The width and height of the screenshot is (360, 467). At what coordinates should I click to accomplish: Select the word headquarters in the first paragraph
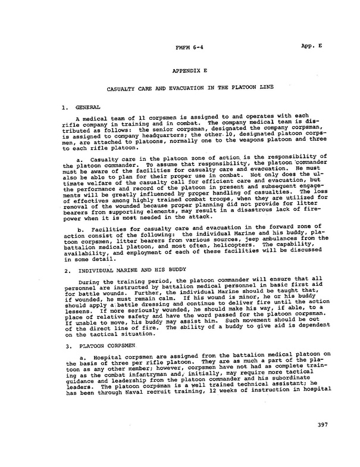click(x=157, y=137)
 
